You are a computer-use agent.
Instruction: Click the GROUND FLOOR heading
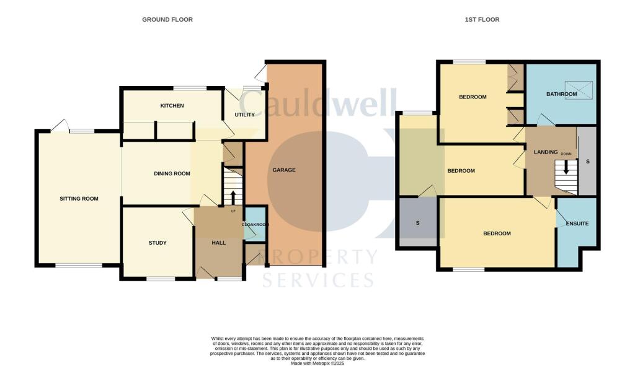tap(167, 19)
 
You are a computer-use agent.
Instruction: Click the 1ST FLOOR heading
tap(482, 19)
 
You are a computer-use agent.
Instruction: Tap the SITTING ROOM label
tap(79, 199)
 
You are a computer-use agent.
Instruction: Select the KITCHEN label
tap(172, 105)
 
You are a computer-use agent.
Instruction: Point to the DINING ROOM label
tap(172, 173)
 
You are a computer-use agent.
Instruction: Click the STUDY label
tap(158, 243)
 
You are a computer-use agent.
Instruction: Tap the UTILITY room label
tap(244, 115)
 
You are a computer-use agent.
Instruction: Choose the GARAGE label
tap(284, 170)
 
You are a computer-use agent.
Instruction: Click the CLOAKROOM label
tap(255, 224)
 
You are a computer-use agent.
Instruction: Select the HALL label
tap(219, 243)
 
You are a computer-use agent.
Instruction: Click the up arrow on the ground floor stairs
tap(233, 198)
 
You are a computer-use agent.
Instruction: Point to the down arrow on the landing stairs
tap(566, 167)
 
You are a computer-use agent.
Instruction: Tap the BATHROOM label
tap(562, 94)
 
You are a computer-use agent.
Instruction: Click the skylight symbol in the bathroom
tap(579, 90)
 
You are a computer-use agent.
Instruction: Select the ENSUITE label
tap(577, 224)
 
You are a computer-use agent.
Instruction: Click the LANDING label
tap(546, 152)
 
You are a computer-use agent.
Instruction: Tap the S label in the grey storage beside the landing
tap(588, 162)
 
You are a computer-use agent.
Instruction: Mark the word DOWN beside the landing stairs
tap(566, 154)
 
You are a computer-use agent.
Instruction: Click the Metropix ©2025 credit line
tap(317, 363)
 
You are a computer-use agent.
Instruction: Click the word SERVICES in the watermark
tap(318, 280)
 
